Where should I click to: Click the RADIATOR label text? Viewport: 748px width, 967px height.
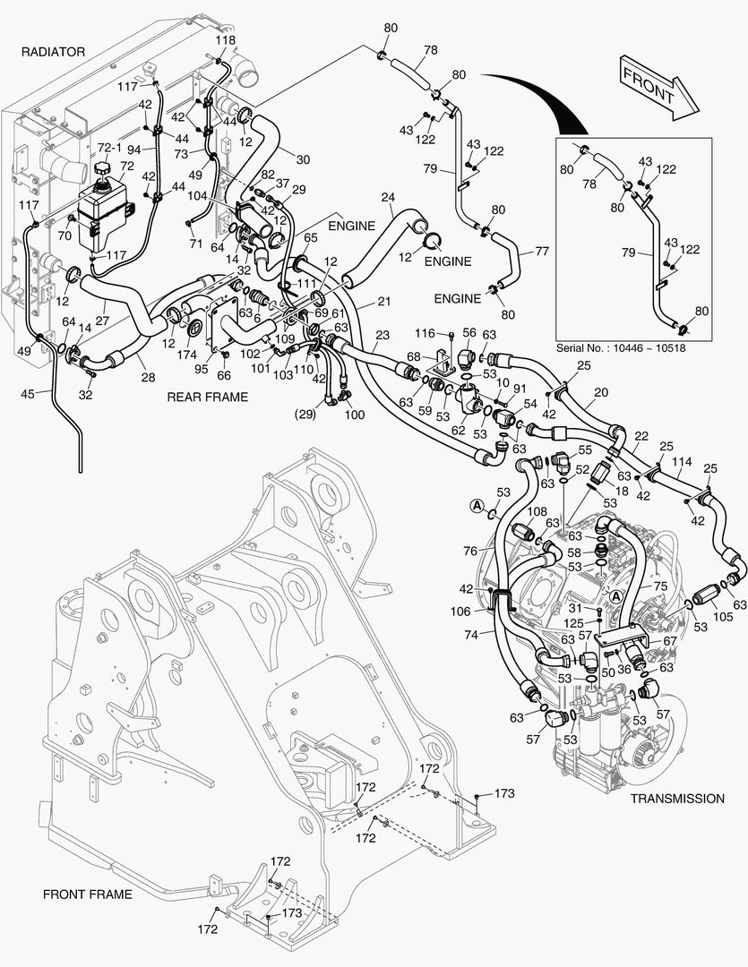click(53, 52)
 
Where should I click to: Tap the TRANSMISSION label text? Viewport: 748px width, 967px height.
click(676, 798)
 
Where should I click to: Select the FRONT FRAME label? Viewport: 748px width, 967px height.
click(87, 894)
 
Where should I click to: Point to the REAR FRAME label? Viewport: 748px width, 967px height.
click(208, 397)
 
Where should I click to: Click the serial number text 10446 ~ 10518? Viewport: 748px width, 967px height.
click(615, 347)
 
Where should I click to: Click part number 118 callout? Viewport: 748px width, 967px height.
click(225, 40)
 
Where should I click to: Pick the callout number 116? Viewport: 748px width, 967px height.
click(424, 333)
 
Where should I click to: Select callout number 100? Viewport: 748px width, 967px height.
click(355, 415)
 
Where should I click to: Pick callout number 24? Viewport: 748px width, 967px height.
click(388, 197)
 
